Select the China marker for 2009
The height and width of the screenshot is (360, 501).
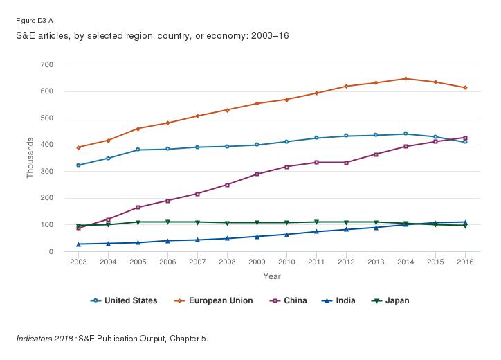257,174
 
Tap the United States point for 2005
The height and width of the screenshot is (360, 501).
138,150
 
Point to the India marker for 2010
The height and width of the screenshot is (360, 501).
286,234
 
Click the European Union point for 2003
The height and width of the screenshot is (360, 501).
78,147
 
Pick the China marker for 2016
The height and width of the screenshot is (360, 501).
465,138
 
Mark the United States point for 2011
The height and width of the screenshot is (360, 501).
316,138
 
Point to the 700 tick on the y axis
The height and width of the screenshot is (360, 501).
47,64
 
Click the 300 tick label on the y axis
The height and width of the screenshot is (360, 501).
47,171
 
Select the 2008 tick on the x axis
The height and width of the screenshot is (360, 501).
227,262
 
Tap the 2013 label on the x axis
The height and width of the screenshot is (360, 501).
376,262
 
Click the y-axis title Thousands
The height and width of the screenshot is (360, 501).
30,158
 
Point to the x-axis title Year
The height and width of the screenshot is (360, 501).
271,277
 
